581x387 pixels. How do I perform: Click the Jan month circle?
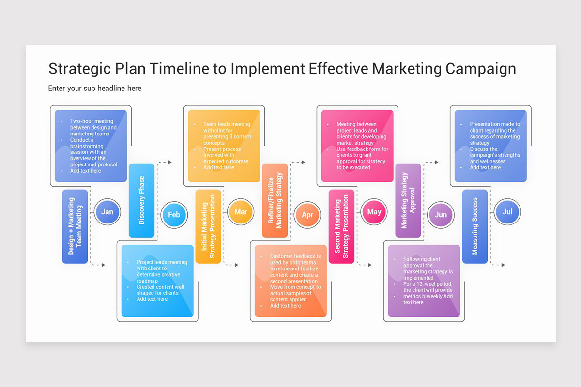107,212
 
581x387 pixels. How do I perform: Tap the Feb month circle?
174,215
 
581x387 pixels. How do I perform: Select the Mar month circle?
241,212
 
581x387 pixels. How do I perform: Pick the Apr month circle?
307,215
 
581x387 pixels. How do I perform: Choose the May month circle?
374,212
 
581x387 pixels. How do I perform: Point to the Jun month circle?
441,215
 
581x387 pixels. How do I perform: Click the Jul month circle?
507,212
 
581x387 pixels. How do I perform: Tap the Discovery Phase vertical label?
142,200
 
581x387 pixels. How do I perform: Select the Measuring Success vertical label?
475,226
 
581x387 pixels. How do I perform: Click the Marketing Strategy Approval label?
408,200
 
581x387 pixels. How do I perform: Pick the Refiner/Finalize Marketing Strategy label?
275,200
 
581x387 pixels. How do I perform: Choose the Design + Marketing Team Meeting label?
75,226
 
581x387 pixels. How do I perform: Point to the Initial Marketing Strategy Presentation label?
208,226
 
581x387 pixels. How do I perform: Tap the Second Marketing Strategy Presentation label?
342,226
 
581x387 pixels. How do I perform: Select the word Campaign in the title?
480,69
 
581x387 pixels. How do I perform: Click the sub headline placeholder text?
95,89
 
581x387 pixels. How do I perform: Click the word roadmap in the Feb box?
147,281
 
